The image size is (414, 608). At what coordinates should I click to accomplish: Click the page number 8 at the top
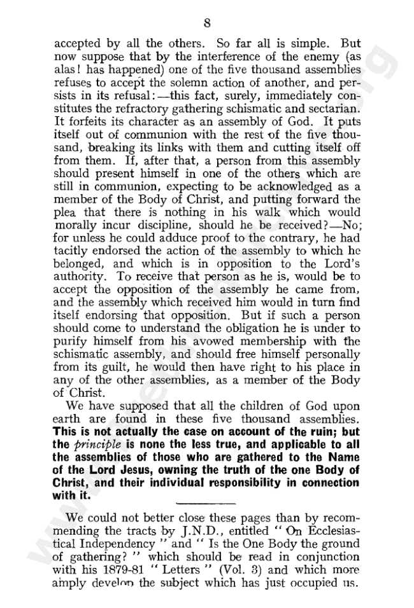pyautogui.click(x=207, y=24)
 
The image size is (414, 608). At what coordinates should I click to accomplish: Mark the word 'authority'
pyautogui.click(x=78, y=290)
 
